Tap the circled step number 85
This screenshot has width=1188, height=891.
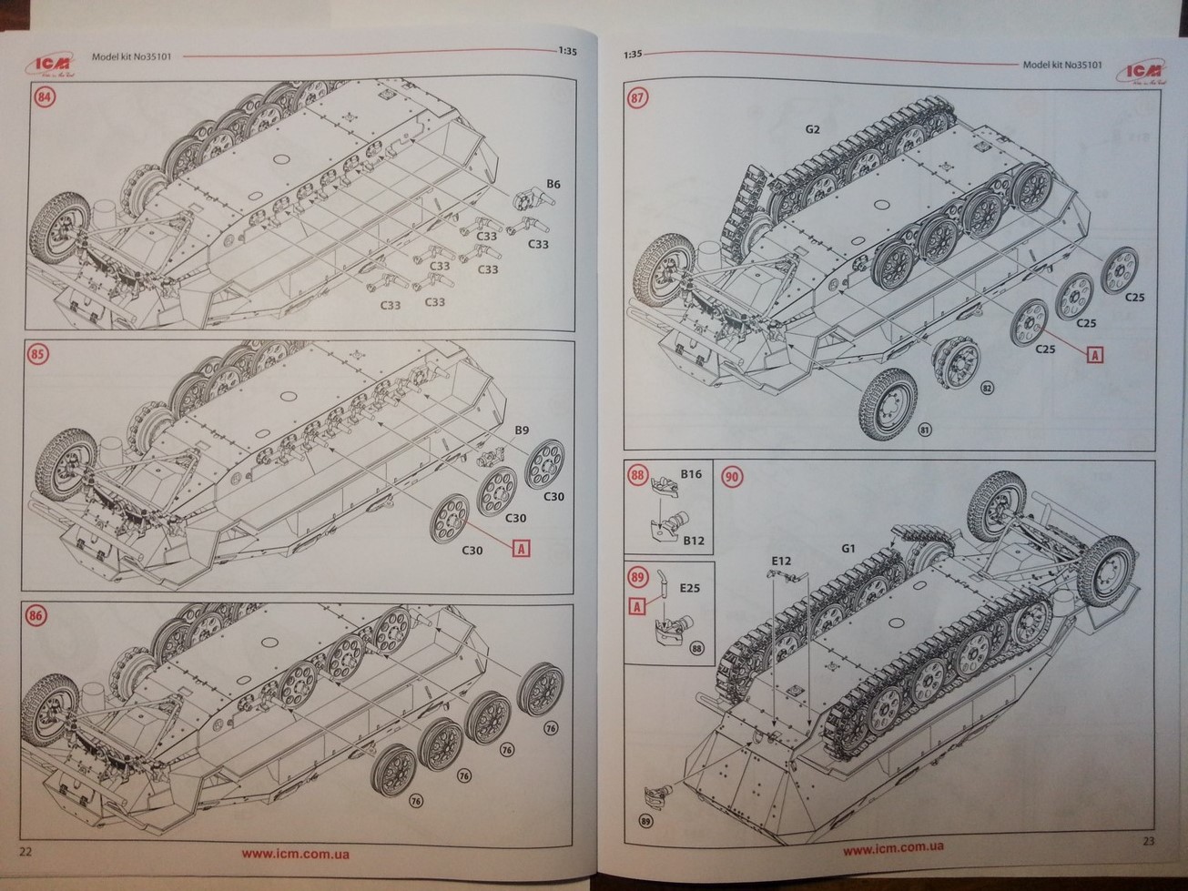38,355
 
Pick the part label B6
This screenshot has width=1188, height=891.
553,185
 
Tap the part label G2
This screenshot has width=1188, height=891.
812,129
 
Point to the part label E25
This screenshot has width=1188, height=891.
689,588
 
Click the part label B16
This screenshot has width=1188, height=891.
691,475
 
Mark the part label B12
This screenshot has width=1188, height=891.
694,541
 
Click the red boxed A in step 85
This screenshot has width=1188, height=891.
522,548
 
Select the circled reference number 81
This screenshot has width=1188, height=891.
926,430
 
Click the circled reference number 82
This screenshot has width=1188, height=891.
987,388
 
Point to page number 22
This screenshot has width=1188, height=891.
25,851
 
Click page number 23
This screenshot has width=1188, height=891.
1147,841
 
